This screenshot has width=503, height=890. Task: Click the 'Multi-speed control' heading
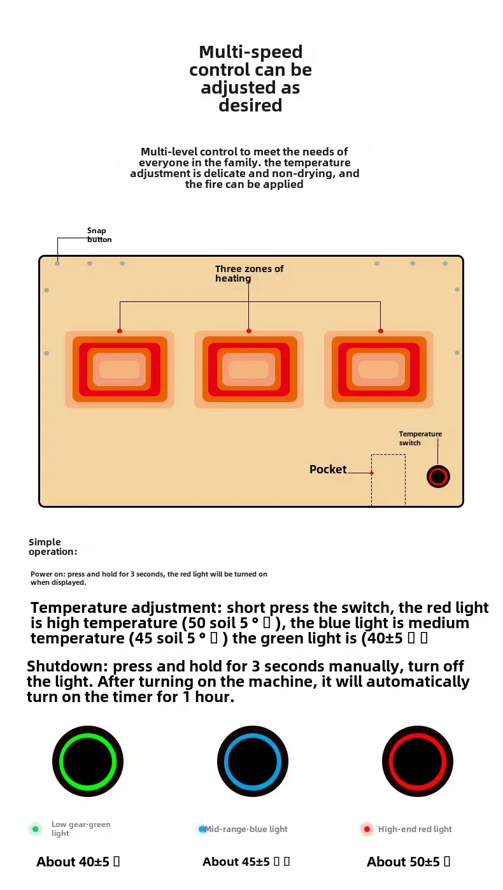(250, 78)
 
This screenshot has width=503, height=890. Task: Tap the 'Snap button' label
(99, 235)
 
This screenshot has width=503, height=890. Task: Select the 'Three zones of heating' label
(249, 273)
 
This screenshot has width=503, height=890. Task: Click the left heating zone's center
(120, 370)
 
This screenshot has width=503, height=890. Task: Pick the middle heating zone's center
(249, 370)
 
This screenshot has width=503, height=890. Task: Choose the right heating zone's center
(379, 370)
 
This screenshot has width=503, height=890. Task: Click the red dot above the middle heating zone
(249, 331)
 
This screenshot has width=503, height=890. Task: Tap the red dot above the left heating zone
(120, 331)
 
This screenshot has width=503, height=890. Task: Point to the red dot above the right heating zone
(381, 331)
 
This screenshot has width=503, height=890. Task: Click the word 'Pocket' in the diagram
(328, 470)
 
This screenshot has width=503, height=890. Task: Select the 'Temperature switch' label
(420, 438)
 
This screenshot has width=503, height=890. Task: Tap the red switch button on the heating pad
(437, 477)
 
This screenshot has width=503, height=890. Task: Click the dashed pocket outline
(388, 481)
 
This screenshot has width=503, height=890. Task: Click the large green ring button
(88, 761)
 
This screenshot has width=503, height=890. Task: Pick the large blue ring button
(253, 761)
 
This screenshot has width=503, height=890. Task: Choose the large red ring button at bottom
(418, 761)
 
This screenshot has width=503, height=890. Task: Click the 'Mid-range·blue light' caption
(246, 829)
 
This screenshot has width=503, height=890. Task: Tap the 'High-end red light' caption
(414, 829)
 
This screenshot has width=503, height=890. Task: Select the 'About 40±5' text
(78, 862)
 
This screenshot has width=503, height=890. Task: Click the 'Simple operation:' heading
(53, 547)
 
